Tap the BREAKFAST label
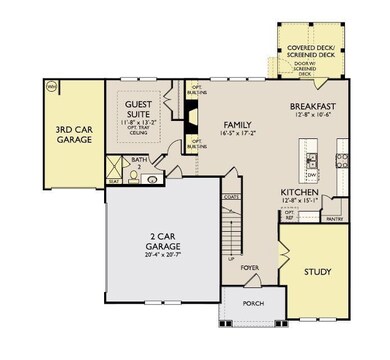tap(311, 106)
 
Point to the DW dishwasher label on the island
tap(311, 171)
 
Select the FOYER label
tap(248, 267)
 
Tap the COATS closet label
tap(229, 197)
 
